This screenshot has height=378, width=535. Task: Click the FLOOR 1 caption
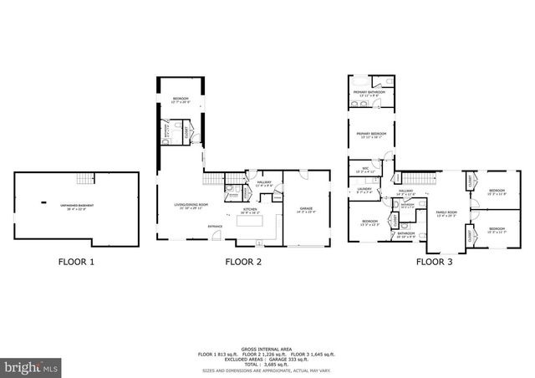pos(76,262)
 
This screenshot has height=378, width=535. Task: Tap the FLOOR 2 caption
pos(243,262)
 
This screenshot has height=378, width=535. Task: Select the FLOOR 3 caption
pos(435,262)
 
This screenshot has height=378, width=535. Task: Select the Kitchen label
pos(251,210)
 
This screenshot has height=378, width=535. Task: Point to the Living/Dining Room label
pos(191,205)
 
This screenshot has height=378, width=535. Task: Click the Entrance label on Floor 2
pos(216,226)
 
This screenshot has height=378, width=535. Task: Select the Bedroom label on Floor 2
pos(181,99)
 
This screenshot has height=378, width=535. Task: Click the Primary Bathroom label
pos(369,92)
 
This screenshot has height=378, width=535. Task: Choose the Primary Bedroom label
pos(371,134)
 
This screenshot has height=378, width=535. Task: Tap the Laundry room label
pos(364,189)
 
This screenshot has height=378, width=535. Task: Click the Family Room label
pos(446,212)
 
